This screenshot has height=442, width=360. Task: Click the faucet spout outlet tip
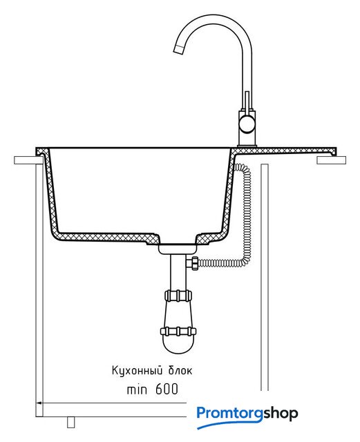(178, 49)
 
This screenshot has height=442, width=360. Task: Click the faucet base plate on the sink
(247, 146)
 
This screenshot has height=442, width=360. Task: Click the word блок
(180, 370)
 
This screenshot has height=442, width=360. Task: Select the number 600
(167, 389)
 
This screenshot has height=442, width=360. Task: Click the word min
(137, 390)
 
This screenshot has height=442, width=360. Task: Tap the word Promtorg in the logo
(230, 414)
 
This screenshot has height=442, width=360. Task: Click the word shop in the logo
(281, 414)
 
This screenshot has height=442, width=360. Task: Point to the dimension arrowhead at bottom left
(40, 403)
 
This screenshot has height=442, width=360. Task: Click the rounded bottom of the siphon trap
(178, 345)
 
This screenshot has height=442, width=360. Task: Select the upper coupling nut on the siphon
(178, 296)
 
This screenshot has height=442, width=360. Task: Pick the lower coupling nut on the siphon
(178, 331)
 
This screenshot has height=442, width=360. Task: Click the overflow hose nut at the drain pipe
(194, 263)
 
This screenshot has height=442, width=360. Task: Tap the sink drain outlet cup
(177, 249)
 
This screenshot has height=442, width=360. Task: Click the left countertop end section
(28, 160)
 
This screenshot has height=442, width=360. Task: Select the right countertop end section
(331, 160)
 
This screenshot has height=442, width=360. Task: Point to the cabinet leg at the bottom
(70, 422)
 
